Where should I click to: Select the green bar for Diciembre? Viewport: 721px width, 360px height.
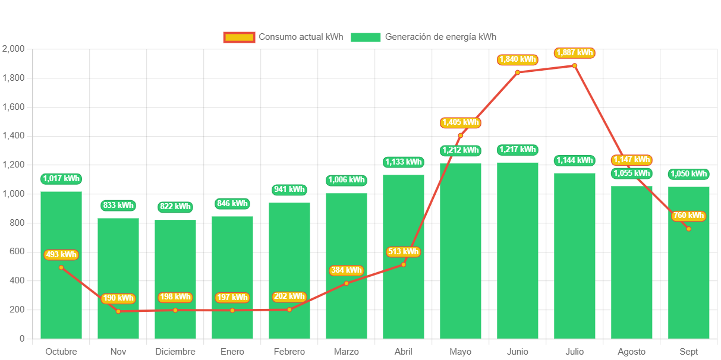(175, 279)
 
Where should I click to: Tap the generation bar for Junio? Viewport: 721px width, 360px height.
(518, 250)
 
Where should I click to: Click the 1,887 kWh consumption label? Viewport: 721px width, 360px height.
(575, 53)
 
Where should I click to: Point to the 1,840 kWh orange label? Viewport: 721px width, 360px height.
(518, 59)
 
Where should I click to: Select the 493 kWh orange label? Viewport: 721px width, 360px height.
(61, 255)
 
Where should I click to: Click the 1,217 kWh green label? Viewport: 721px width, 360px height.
(518, 150)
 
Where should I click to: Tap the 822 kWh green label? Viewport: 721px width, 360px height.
(175, 207)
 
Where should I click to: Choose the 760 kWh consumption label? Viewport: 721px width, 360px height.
(689, 216)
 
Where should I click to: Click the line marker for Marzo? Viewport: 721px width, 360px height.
(347, 283)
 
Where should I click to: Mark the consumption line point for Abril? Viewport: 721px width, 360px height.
(404, 264)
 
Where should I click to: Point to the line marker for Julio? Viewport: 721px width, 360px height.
(575, 65)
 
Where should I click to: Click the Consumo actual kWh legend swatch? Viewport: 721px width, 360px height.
(239, 37)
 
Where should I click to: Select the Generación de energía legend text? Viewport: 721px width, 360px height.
(440, 37)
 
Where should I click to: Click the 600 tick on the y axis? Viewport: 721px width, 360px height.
(17, 252)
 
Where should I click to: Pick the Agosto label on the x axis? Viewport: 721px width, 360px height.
(631, 352)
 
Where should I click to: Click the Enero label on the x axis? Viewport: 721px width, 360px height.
(232, 352)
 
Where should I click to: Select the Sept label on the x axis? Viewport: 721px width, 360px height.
(689, 352)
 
